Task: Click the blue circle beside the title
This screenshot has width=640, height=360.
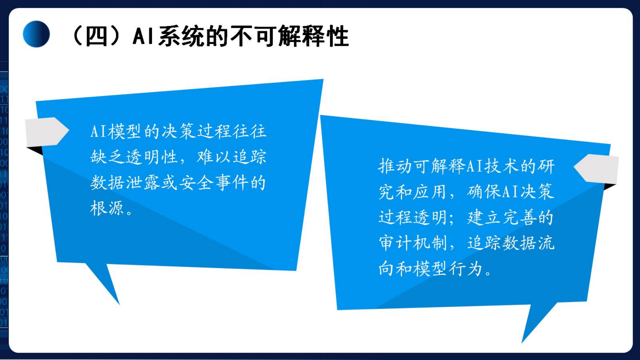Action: (36, 34)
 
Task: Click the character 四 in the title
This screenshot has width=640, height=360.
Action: (96, 36)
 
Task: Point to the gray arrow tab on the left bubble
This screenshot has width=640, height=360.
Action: (47, 131)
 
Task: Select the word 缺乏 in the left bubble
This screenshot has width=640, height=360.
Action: (108, 157)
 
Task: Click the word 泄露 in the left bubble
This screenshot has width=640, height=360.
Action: (143, 182)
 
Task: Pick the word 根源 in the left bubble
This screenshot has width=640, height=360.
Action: (107, 208)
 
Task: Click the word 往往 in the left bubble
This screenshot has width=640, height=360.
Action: (249, 131)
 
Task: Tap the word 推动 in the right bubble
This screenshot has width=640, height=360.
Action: (395, 166)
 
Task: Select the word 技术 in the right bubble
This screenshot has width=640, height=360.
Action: (502, 166)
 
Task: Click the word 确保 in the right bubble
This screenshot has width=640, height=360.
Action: (484, 192)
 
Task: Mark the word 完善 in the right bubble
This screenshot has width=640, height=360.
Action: (519, 217)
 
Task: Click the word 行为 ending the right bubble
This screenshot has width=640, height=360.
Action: (466, 269)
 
